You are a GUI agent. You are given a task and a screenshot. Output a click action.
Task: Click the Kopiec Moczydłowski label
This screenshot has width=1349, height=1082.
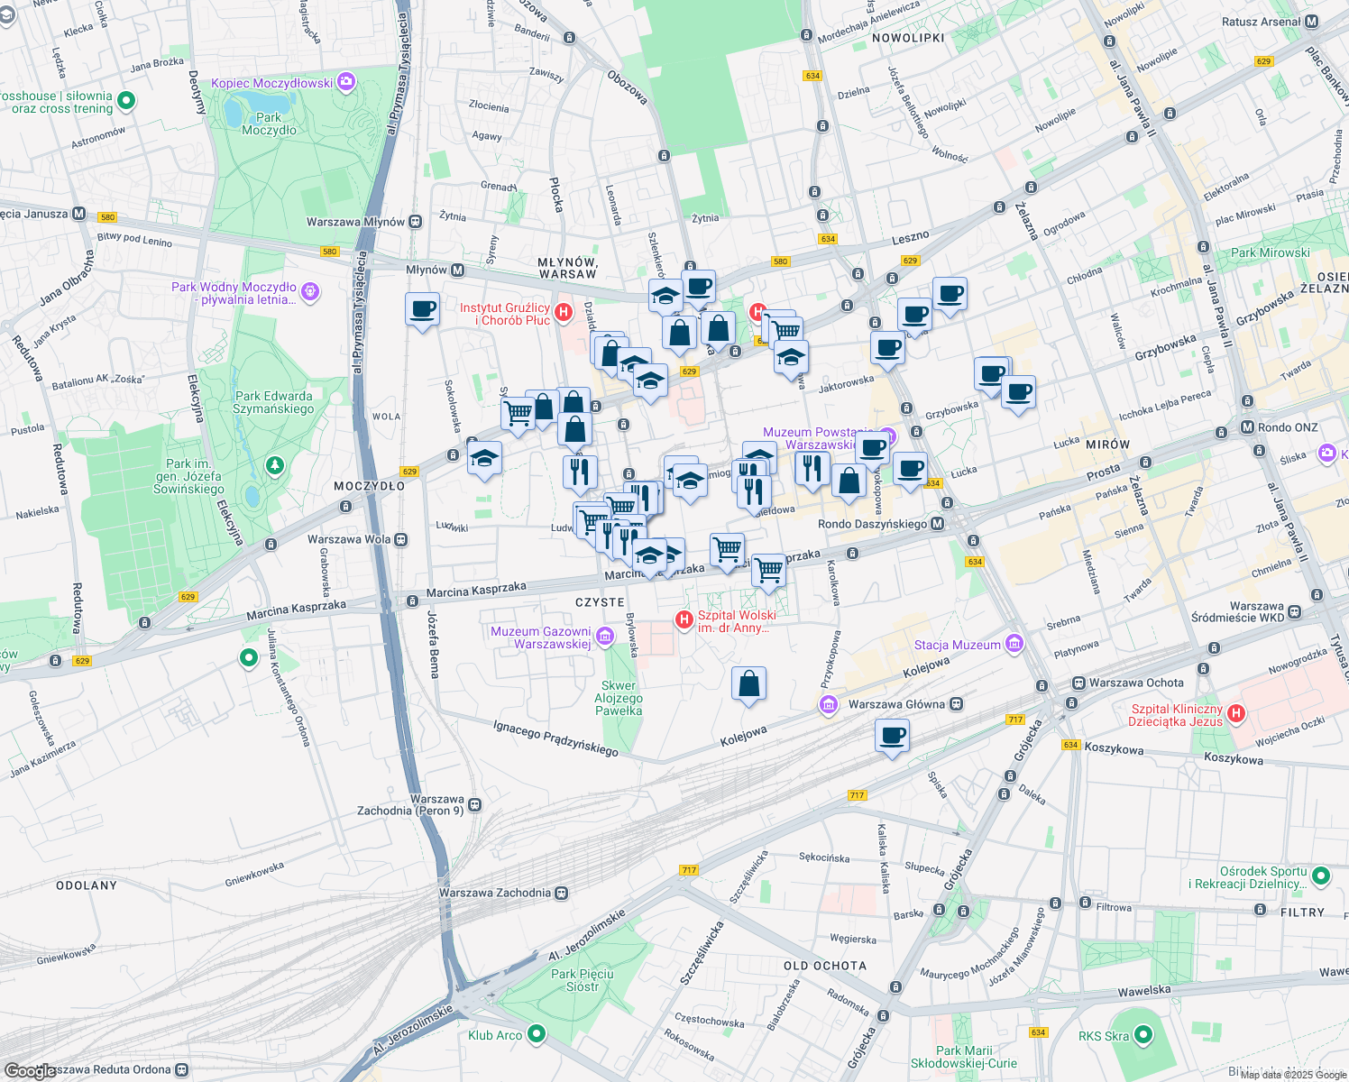tap(272, 83)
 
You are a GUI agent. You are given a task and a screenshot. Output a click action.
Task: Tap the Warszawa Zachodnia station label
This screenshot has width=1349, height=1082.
tap(494, 893)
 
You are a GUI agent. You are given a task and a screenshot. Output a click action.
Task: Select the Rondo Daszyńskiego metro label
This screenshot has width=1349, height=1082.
tap(873, 524)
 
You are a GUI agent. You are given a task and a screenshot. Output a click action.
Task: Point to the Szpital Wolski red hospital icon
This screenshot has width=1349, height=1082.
tap(684, 619)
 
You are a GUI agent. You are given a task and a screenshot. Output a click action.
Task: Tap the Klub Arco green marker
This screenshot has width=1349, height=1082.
tap(537, 1034)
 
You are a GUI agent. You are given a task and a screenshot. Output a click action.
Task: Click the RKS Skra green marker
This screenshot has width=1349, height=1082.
tap(1143, 1035)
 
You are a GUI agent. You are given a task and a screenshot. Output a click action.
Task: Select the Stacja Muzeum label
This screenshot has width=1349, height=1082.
tap(957, 645)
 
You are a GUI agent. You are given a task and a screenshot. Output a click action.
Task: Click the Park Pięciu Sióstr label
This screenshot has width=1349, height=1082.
tap(582, 980)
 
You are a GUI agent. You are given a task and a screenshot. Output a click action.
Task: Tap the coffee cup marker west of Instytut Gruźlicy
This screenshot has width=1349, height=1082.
tap(422, 310)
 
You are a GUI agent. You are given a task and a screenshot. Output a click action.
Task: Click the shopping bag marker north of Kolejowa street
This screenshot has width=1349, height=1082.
tap(748, 685)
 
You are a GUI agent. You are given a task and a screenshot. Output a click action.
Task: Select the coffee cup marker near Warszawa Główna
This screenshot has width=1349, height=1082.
tap(892, 736)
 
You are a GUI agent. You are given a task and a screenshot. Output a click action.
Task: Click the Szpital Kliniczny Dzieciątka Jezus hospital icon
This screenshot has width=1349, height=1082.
tap(1235, 714)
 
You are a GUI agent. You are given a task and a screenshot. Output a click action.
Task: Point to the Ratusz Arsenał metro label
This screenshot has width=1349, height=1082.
tap(1261, 22)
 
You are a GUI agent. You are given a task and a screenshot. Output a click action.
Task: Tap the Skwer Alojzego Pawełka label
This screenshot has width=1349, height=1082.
tap(619, 698)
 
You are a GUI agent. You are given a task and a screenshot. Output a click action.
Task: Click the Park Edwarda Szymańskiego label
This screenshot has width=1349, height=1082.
tap(273, 402)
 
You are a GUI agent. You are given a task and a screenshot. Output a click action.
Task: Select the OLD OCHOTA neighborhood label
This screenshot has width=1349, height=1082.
tap(824, 966)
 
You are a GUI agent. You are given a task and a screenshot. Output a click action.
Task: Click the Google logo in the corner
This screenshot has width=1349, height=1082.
tap(29, 1070)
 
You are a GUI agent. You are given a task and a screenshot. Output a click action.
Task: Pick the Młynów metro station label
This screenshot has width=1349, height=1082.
tap(427, 270)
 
